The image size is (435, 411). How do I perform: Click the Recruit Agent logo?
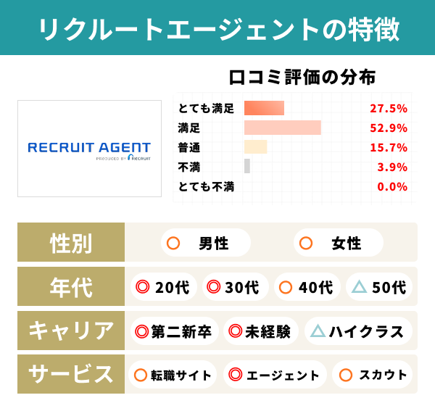(89, 149)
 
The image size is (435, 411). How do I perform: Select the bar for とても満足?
(264, 108)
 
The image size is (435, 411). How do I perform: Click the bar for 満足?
(282, 128)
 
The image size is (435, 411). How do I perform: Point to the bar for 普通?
(255, 147)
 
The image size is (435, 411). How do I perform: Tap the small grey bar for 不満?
(247, 166)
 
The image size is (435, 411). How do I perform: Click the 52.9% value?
(388, 128)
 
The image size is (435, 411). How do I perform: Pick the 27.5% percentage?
(388, 109)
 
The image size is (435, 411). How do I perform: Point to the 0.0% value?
(392, 186)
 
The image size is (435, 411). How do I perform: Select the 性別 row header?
(71, 243)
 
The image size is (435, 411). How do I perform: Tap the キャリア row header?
(71, 331)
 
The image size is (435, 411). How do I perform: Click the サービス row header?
(71, 375)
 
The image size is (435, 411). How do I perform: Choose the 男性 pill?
(204, 243)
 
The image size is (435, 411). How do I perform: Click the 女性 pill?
(338, 243)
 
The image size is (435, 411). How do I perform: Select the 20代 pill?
(163, 287)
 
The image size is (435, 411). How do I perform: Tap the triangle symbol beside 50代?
(359, 287)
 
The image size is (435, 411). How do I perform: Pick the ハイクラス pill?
(358, 331)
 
